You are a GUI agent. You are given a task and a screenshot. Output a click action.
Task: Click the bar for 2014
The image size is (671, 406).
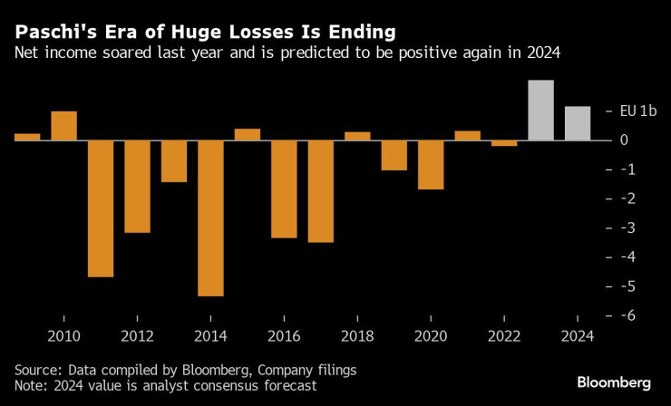click(x=210, y=217)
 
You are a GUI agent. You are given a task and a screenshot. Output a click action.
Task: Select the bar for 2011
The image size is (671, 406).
click(x=101, y=208)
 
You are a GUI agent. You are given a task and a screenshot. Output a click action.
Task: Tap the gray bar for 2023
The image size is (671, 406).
click(x=541, y=111)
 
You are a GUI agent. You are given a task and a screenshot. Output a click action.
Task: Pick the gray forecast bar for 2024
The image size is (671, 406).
click(x=578, y=123)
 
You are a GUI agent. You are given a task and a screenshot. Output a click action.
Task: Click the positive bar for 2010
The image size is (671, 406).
click(x=63, y=126)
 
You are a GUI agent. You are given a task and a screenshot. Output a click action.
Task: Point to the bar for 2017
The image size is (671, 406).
click(x=320, y=191)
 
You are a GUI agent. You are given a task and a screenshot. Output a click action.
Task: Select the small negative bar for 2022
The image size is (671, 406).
click(x=504, y=143)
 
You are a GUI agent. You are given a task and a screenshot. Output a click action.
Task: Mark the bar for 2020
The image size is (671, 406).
click(x=431, y=165)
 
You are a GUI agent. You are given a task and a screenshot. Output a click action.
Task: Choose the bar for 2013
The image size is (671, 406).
click(x=174, y=161)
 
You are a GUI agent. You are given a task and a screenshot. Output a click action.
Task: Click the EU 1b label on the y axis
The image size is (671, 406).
click(x=638, y=111)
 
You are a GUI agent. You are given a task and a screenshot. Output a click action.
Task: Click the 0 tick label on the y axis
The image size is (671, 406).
click(x=625, y=140)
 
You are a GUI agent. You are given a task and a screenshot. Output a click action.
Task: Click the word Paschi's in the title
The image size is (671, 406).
click(x=51, y=32)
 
